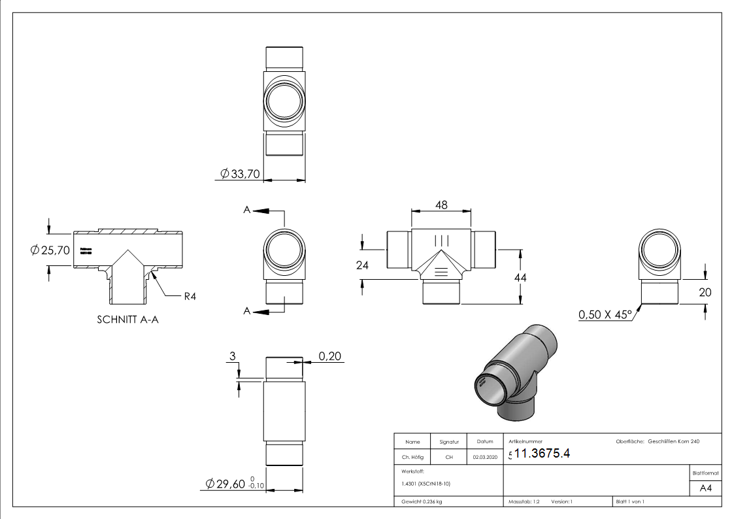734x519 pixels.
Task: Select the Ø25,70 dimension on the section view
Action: tap(50, 250)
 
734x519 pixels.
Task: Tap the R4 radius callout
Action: tap(190, 296)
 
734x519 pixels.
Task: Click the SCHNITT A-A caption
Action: tap(128, 320)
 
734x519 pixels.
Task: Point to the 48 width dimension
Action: tap(441, 205)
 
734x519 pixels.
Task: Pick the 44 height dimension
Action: tap(520, 277)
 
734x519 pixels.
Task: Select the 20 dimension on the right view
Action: tap(705, 292)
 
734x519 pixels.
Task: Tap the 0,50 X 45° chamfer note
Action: tap(605, 315)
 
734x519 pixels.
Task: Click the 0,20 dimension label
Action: tap(330, 356)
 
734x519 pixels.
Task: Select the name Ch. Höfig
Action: tap(412, 458)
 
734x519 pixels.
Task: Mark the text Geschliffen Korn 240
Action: tap(674, 442)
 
